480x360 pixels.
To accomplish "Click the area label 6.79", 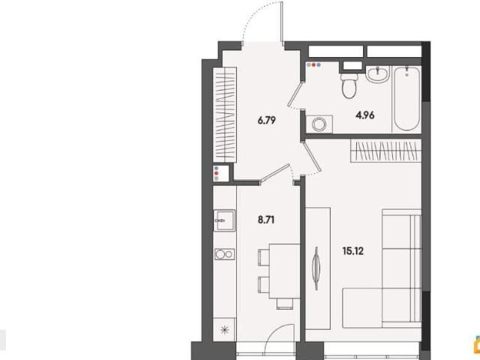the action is pyautogui.click(x=267, y=120).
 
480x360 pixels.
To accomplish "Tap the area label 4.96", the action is pyautogui.click(x=365, y=115).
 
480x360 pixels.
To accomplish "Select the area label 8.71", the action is pyautogui.click(x=266, y=220).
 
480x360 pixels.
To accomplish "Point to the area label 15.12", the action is pyautogui.click(x=353, y=251).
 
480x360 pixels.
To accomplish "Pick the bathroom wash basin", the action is pyautogui.click(x=378, y=74).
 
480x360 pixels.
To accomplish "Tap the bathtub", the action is pyautogui.click(x=406, y=99).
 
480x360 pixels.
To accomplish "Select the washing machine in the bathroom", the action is pyautogui.click(x=319, y=124).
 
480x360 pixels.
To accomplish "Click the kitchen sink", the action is pyautogui.click(x=224, y=220).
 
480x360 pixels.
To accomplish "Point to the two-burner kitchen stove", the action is pyautogui.click(x=224, y=254).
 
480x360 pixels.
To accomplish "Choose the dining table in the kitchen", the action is pyautogui.click(x=284, y=271).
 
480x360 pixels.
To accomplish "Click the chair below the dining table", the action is pyautogui.click(x=285, y=304).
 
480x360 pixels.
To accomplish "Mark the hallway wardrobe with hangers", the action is pyautogui.click(x=225, y=114).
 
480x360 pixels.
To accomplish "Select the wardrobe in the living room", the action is pyautogui.click(x=385, y=151).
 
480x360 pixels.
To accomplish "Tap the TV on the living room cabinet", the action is pyautogui.click(x=316, y=268).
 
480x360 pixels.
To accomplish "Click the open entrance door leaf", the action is pyautogui.click(x=282, y=22).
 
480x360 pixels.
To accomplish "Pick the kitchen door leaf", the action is pyautogui.click(x=275, y=174).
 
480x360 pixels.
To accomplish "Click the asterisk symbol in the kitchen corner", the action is pyautogui.click(x=225, y=330).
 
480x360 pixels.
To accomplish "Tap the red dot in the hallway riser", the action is pyautogui.click(x=217, y=173).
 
